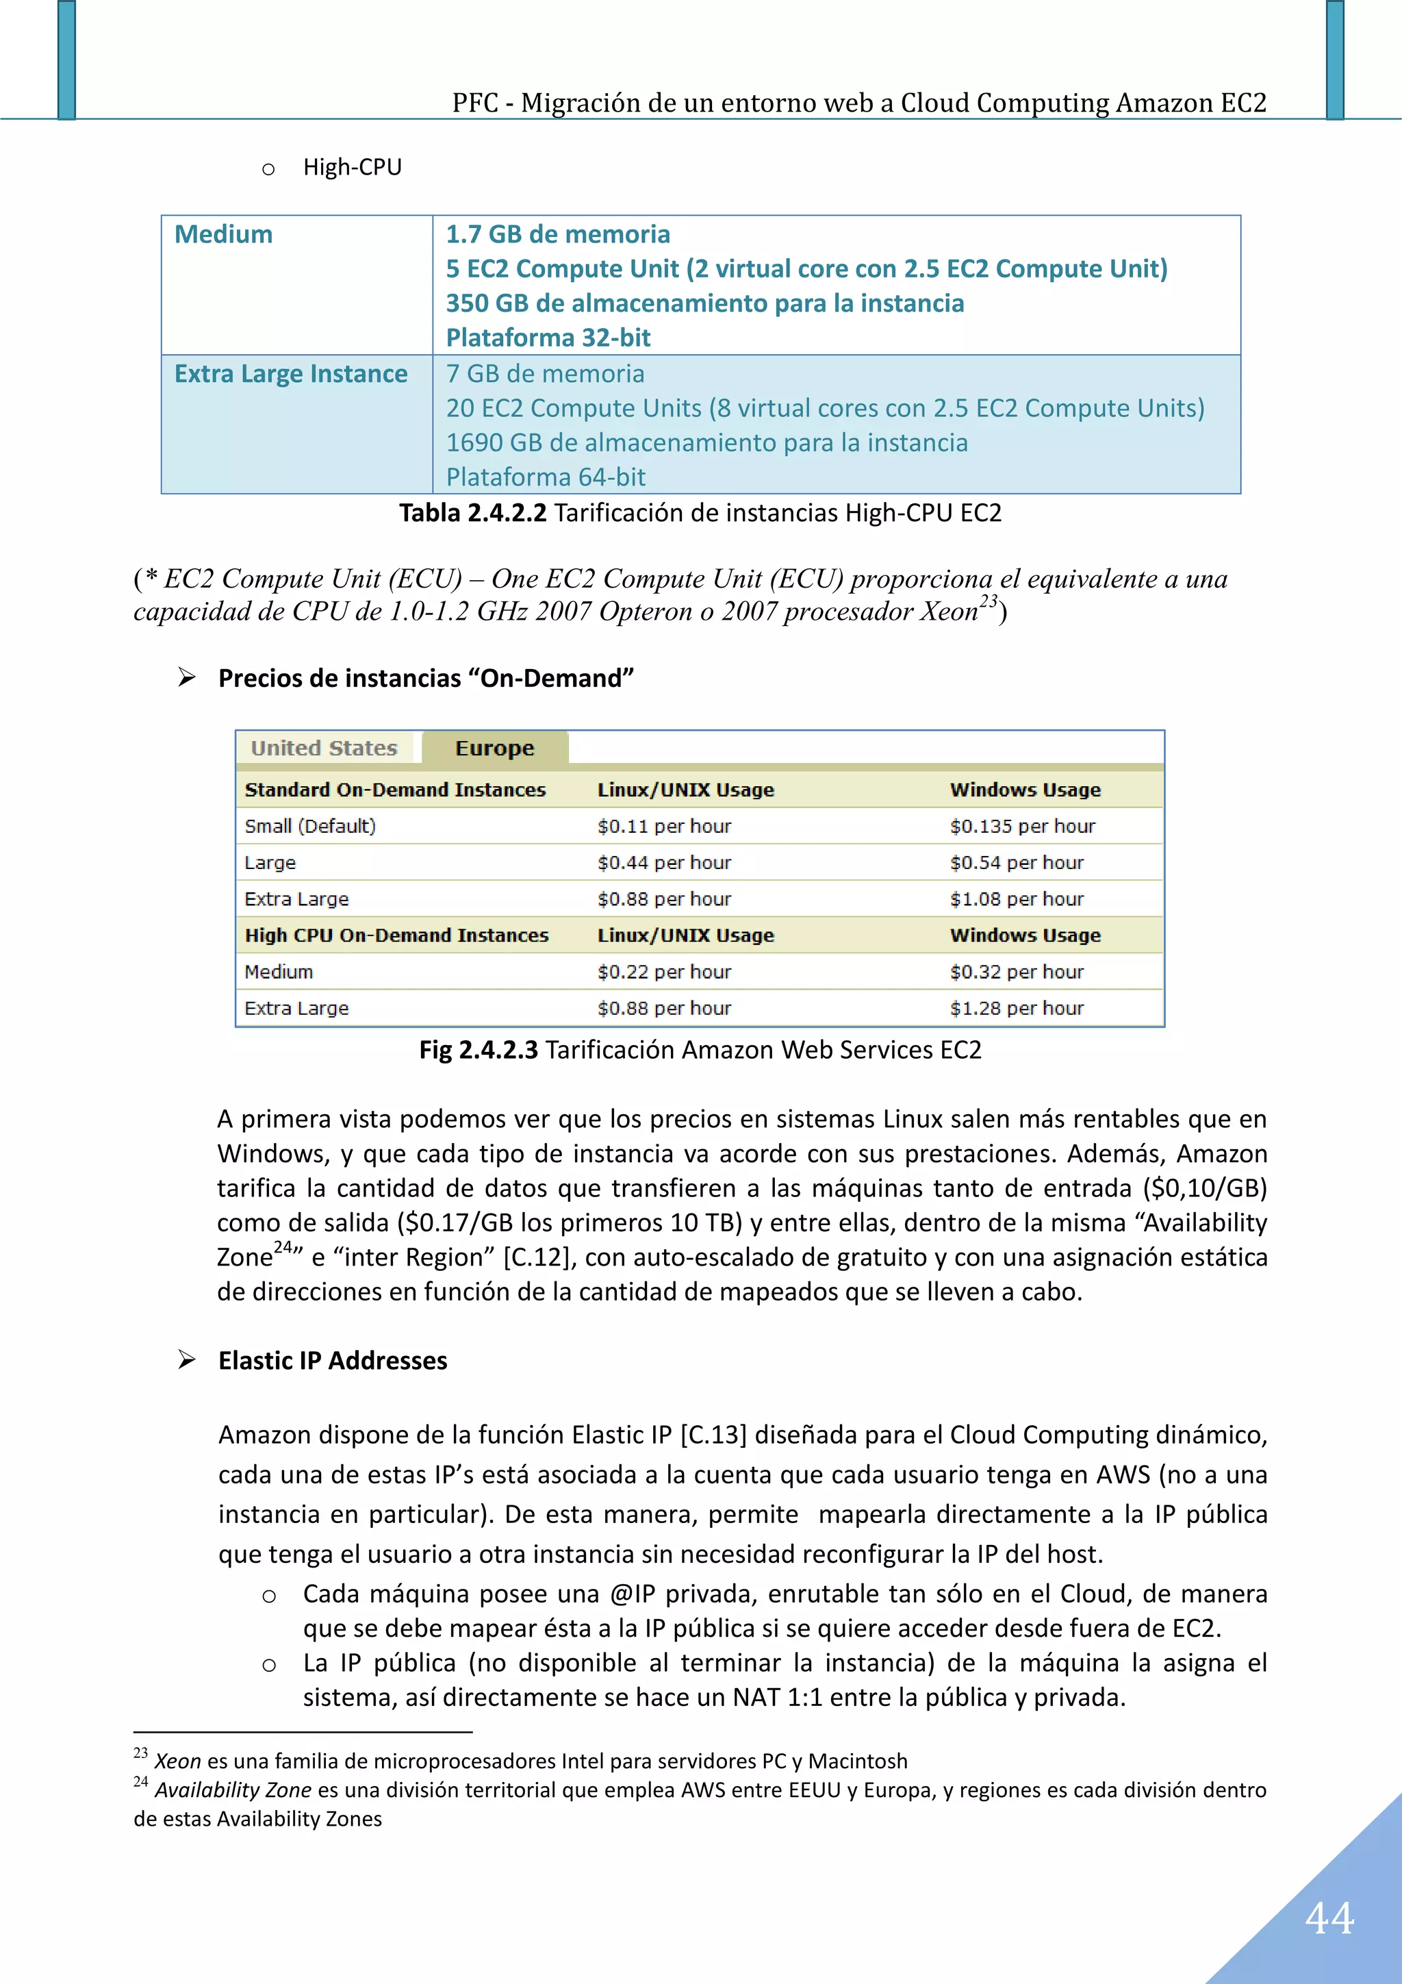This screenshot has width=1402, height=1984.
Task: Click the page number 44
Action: (x=1329, y=1918)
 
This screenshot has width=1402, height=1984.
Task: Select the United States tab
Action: (x=324, y=749)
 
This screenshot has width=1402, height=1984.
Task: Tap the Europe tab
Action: (x=494, y=749)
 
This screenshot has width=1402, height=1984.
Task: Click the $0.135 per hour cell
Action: (x=1022, y=826)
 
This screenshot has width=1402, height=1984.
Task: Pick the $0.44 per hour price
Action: (x=663, y=862)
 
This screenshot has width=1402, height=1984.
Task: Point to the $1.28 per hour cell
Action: (x=1016, y=1008)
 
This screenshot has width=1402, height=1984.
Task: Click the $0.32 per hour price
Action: (x=1016, y=972)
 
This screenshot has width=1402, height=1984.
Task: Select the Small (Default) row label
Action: (x=310, y=826)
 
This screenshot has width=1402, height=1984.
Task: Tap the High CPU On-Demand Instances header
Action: (x=396, y=936)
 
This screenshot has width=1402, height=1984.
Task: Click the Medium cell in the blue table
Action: (x=224, y=234)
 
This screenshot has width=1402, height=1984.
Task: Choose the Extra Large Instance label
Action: (x=291, y=373)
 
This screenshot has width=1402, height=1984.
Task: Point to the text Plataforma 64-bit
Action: (x=545, y=477)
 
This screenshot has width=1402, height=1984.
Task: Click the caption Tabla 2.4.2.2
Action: (x=472, y=513)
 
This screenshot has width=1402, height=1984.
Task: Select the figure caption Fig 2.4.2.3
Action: (x=478, y=1050)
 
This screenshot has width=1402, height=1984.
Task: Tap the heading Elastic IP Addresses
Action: (x=333, y=1361)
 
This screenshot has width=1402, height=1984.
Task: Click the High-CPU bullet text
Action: (x=353, y=167)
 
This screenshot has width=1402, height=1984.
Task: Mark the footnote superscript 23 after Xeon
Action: (x=989, y=601)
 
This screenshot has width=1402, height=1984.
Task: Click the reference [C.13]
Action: (x=713, y=1435)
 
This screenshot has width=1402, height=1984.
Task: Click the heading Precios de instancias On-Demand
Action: (x=426, y=678)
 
